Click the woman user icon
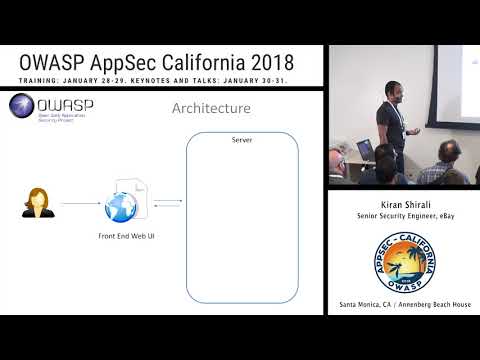pos(36,203)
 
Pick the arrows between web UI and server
pos(168,204)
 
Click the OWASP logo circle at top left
pos(22,107)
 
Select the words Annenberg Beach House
pos(436,304)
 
